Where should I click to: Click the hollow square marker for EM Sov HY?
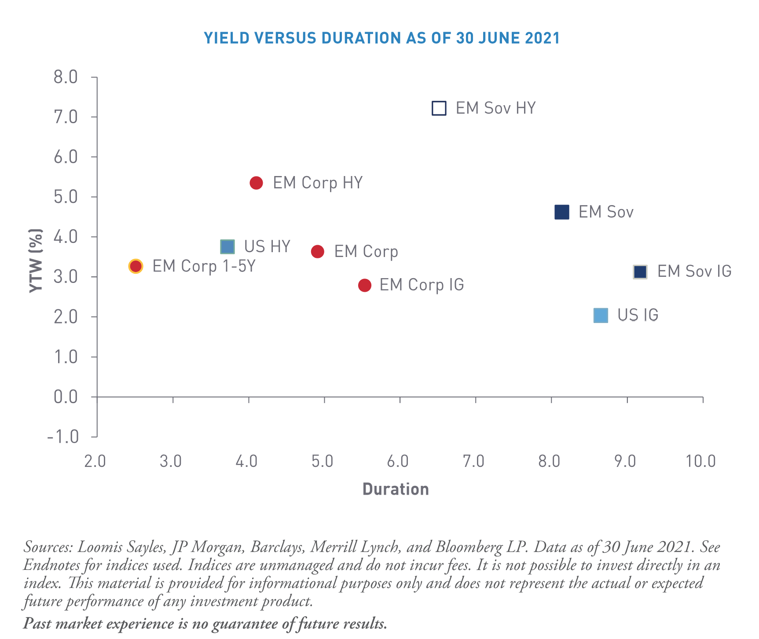[439, 108]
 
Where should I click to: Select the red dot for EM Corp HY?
[256, 183]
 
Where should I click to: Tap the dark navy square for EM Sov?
[562, 212]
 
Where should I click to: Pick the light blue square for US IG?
[601, 315]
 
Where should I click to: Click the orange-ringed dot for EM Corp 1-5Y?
[136, 266]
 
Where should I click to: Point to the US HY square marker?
[227, 246]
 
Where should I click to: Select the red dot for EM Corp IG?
[364, 285]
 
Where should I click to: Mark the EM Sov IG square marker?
[640, 272]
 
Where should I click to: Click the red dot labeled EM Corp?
[317, 251]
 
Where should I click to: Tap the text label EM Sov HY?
[495, 108]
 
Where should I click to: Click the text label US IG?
[638, 315]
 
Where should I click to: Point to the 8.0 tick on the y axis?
[66, 77]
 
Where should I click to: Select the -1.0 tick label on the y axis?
[63, 437]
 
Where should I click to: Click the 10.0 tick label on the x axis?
[700, 461]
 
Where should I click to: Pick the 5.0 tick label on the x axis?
[322, 461]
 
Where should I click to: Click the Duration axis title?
[396, 489]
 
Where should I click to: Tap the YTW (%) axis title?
[36, 261]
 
